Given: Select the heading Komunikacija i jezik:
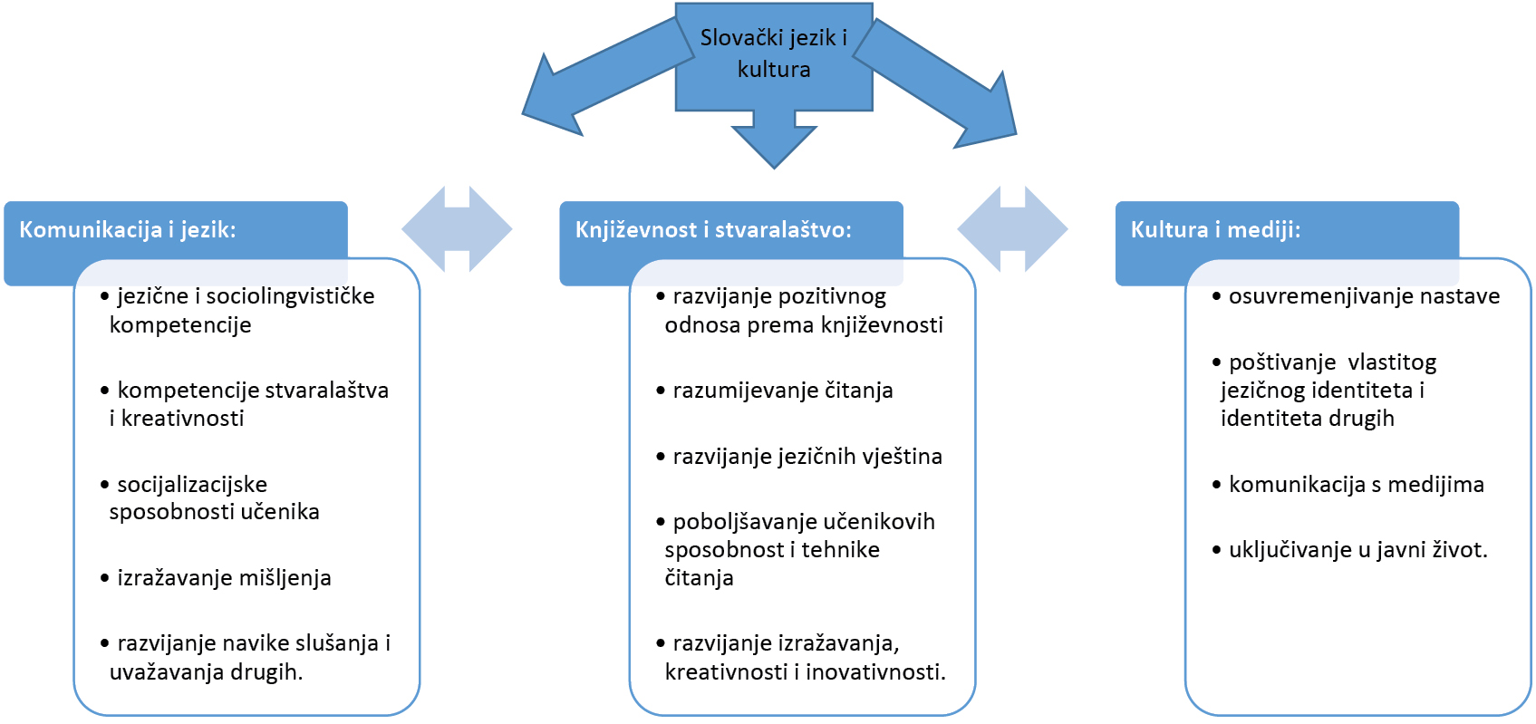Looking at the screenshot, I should tap(127, 229).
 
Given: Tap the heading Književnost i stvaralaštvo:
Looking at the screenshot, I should tap(713, 229).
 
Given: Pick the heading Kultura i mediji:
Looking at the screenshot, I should tap(1215, 229).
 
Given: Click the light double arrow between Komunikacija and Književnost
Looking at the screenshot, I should tap(457, 229).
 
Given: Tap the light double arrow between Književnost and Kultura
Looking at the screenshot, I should tap(1012, 229).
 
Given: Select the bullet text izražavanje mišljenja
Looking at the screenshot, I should tap(224, 578).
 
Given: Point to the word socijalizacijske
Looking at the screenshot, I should tap(192, 484).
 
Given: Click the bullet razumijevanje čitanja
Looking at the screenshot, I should tap(783, 391).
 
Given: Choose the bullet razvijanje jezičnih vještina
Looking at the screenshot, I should tap(807, 457).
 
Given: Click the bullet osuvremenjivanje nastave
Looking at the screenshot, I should tap(1364, 296).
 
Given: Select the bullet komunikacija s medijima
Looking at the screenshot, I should tap(1357, 485).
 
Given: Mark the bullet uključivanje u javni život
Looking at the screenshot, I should tap(1357, 550).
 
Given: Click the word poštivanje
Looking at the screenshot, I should tap(1281, 362).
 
